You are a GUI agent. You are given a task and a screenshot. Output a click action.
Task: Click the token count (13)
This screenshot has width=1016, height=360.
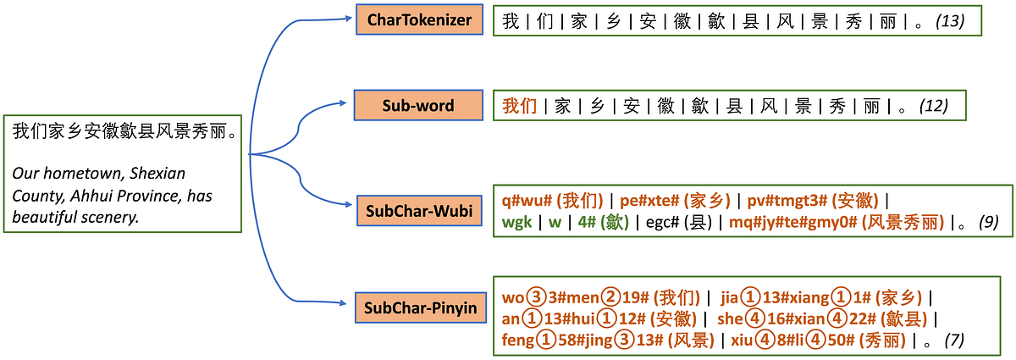click(x=950, y=20)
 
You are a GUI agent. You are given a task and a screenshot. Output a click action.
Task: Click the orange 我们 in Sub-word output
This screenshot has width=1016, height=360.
click(x=520, y=106)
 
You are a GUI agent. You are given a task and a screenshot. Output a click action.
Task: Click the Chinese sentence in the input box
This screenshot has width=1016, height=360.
click(x=124, y=132)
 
